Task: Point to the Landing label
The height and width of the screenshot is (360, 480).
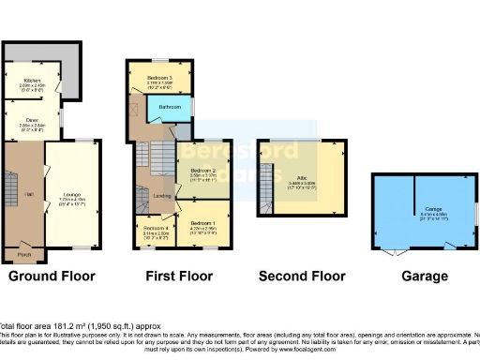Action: click(161, 195)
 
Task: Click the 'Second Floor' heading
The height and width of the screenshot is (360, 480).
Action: click(302, 277)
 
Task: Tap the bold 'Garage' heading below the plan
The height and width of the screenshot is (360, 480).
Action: click(420, 277)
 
